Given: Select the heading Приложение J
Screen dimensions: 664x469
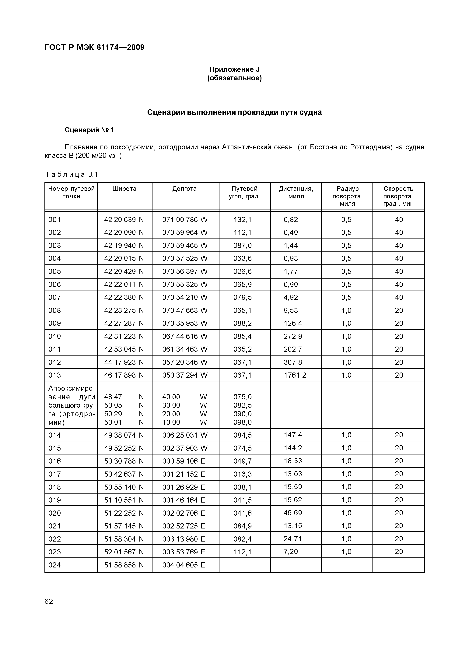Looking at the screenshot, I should coord(234,69).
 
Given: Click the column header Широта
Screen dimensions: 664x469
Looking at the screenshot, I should coord(124,189).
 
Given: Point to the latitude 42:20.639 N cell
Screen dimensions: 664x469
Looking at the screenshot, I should coord(124,220).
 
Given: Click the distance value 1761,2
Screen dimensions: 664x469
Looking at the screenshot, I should coord(295,375).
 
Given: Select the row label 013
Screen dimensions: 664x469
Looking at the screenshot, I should coord(55,375).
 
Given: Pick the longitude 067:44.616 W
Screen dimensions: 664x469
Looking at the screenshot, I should coord(185,337).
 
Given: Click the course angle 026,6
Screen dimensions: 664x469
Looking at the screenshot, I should coord(243,272).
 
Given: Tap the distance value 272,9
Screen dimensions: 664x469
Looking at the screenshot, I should coord(293,337).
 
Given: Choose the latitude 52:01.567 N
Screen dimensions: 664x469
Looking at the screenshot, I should coord(124,552).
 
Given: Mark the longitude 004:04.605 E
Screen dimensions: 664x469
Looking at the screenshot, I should coord(184,565).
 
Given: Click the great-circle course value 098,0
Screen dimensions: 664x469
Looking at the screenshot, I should coord(243,422).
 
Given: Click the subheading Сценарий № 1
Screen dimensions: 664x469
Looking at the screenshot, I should coord(89,130).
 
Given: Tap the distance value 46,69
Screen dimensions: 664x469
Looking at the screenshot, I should coord(293,513).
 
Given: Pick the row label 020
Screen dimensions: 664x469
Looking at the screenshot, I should coord(55,513).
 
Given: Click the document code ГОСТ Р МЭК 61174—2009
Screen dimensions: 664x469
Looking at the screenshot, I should coord(94,48).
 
